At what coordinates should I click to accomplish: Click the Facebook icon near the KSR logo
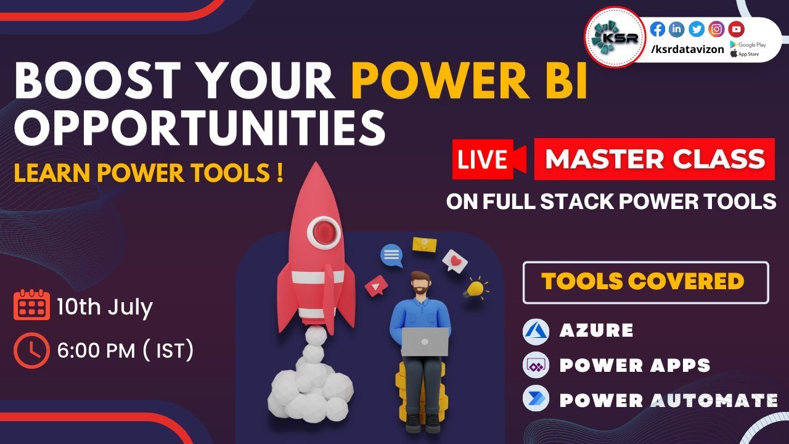tap(658, 29)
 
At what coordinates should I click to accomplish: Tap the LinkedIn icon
tap(677, 29)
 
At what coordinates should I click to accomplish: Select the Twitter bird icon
tap(697, 29)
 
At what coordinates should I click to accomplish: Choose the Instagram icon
tap(716, 29)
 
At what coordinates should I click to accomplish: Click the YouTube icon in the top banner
tap(736, 29)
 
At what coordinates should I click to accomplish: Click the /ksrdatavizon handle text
tap(687, 49)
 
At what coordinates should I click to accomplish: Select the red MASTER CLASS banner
tap(655, 159)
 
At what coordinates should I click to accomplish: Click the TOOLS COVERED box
tap(645, 282)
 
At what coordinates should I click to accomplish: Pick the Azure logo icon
tap(535, 331)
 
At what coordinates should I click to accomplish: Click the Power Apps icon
tap(535, 365)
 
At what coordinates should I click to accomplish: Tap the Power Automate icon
tap(535, 399)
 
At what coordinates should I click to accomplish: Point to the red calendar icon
tap(31, 305)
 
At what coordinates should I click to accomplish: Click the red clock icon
tap(31, 350)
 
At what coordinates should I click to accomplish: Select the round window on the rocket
tap(324, 232)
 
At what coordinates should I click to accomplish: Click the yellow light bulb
tap(475, 287)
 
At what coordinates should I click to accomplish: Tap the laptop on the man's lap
tap(425, 341)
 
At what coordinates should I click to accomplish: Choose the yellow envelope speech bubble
tap(424, 244)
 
